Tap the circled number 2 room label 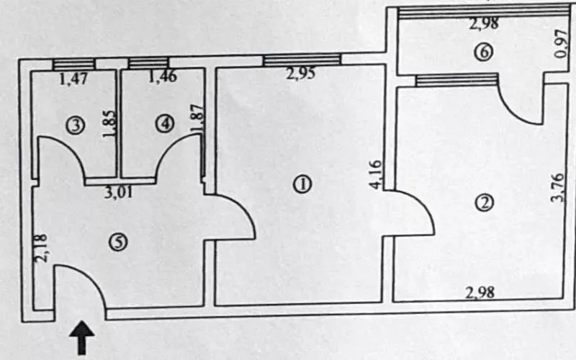click(485, 202)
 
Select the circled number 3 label click(73, 125)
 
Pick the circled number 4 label click(165, 124)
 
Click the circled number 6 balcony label click(483, 52)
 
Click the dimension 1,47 click(73, 78)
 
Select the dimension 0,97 click(559, 44)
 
